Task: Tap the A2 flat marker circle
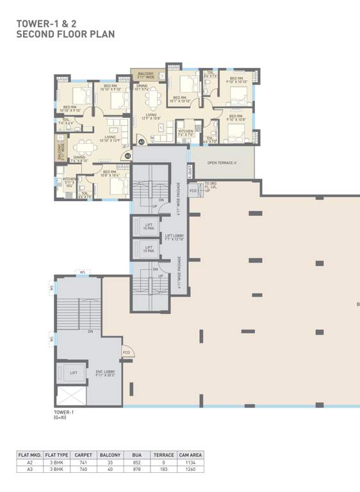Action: click(x=127, y=155)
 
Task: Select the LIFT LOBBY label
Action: click(x=175, y=238)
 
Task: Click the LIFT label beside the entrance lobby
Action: click(x=74, y=372)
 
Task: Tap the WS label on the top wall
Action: click(x=82, y=274)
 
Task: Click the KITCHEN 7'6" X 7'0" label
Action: click(x=186, y=133)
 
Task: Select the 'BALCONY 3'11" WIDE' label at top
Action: click(x=146, y=76)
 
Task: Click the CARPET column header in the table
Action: click(x=82, y=455)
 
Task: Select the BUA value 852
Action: click(x=136, y=463)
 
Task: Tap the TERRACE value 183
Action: click(x=164, y=470)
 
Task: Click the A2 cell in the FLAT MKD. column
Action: click(x=30, y=463)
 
